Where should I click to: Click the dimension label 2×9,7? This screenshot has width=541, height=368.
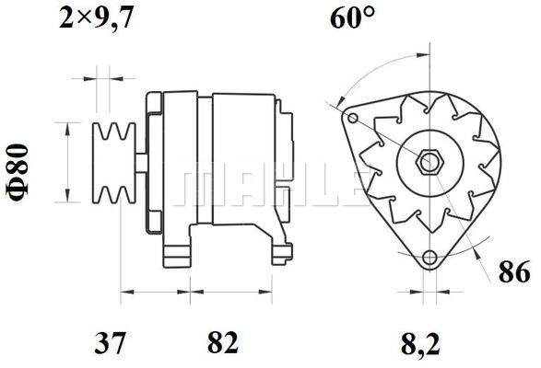(96, 17)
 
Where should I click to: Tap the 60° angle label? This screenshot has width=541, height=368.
(352, 17)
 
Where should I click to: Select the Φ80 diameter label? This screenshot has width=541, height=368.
(18, 172)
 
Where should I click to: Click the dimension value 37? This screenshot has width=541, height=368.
(111, 342)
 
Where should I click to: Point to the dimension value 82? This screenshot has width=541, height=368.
(223, 342)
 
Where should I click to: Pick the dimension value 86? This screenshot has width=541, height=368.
(514, 271)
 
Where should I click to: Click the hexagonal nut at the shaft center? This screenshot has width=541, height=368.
(429, 161)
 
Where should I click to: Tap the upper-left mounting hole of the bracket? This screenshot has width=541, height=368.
(352, 119)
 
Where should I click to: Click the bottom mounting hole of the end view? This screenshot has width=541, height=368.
(429, 257)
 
